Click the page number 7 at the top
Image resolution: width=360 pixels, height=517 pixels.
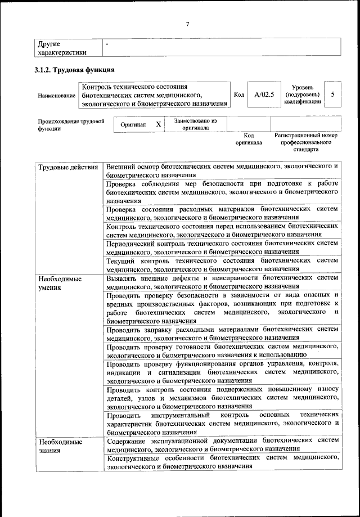[x=188, y=23]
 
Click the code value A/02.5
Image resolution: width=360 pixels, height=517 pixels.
[x=263, y=95]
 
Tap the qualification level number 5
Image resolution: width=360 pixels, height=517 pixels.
[x=333, y=95]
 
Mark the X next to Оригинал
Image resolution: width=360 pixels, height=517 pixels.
[x=159, y=124]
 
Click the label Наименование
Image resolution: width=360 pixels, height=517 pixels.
[x=56, y=96]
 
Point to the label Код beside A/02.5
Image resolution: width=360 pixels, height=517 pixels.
[x=238, y=95]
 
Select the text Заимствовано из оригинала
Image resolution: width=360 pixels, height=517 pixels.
[x=195, y=124]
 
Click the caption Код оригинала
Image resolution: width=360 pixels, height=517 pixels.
[x=249, y=139]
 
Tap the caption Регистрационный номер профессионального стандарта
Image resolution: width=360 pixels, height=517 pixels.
[x=305, y=143]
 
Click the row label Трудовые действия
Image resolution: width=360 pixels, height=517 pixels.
[x=68, y=168]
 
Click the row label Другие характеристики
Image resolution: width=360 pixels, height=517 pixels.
[x=61, y=48]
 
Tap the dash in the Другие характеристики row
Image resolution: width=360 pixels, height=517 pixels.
[x=107, y=43]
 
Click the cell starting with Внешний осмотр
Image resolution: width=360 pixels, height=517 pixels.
[x=222, y=171]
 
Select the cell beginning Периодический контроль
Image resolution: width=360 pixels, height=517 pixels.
[x=222, y=248]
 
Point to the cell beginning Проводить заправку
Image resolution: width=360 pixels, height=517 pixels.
[x=222, y=334]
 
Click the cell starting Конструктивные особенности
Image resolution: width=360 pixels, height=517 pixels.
[x=222, y=462]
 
